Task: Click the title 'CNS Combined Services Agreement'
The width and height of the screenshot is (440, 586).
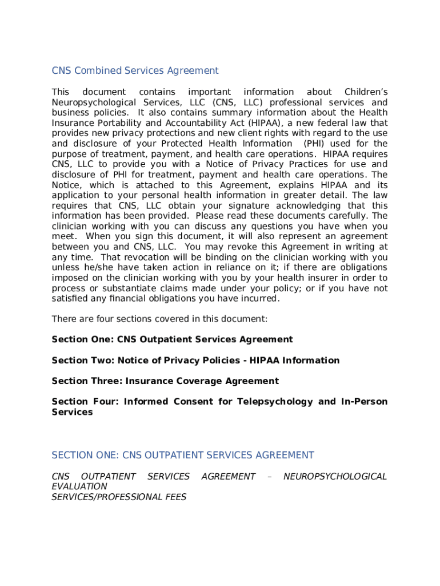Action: tap(135, 71)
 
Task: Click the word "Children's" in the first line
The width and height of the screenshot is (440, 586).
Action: tap(366, 92)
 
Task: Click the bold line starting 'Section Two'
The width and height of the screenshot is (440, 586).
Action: tap(195, 361)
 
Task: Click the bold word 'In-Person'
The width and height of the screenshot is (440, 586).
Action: tap(364, 402)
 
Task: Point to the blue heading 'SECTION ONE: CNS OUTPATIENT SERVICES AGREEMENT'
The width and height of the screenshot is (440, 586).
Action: tap(183, 456)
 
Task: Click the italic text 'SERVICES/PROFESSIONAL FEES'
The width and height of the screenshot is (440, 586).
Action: tap(119, 497)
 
